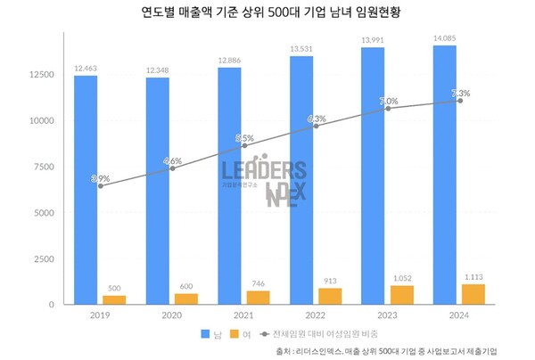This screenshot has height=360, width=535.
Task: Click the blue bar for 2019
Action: (86, 190)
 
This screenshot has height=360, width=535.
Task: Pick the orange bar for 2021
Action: (259, 298)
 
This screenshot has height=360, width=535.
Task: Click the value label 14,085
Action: (444, 38)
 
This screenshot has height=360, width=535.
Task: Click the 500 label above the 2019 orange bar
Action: (115, 287)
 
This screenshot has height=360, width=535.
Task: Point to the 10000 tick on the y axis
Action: (45, 120)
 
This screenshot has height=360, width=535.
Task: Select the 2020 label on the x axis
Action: (172, 315)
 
